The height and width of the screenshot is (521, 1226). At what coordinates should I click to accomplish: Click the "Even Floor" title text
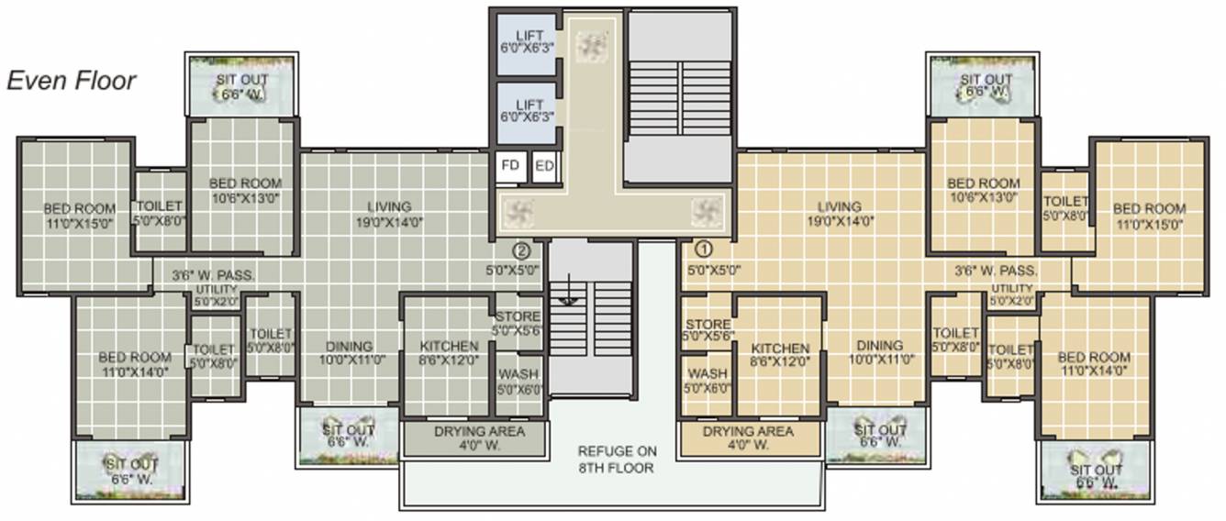coord(72,81)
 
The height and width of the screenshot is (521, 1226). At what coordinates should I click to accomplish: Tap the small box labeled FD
coord(511,167)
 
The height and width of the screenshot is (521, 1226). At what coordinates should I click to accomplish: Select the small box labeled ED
coord(544,167)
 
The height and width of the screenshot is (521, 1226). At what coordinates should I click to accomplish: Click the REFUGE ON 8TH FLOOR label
coord(616,460)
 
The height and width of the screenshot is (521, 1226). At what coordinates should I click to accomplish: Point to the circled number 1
coord(704,248)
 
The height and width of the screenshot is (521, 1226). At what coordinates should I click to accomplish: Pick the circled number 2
coord(521,249)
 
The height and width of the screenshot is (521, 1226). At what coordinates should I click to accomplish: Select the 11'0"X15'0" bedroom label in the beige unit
coord(1149,216)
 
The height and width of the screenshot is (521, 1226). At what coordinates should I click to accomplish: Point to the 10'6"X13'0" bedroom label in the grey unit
coord(245,190)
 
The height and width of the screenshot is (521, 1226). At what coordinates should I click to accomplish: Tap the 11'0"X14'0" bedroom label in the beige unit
coord(1094,364)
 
